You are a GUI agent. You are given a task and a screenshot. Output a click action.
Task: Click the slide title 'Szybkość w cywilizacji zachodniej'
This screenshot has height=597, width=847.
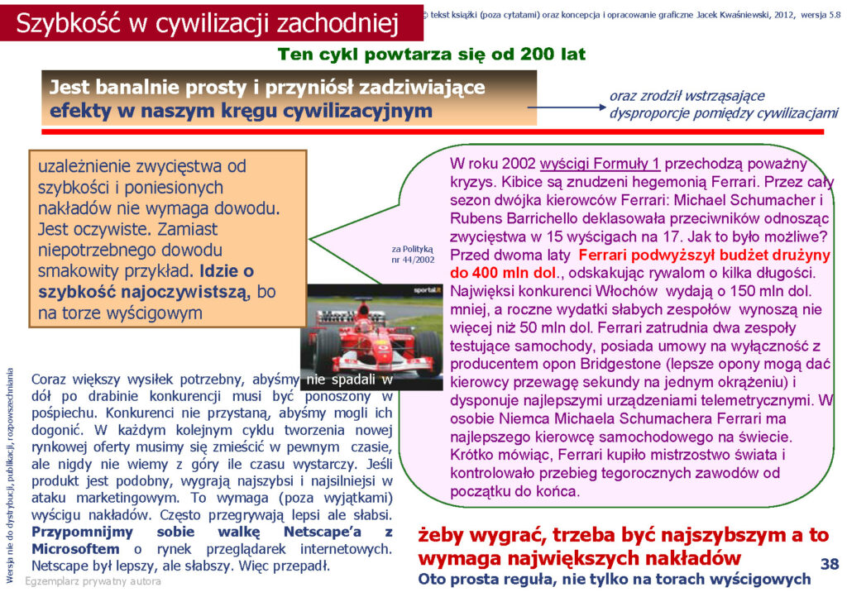point(208,24)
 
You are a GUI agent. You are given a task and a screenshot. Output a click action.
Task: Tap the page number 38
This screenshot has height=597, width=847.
point(829,564)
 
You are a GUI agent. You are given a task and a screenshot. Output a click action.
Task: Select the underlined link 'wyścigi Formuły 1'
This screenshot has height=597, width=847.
point(600,164)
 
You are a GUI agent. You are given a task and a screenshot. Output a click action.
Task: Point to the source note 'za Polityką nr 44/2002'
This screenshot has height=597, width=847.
point(413,254)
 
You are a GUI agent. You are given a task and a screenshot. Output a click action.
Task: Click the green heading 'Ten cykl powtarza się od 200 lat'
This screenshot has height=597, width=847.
point(432,55)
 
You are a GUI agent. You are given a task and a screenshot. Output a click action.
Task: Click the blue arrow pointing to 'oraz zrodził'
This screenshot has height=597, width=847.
point(567,107)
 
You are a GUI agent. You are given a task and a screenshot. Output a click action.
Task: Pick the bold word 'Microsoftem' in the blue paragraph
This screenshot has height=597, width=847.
point(75,549)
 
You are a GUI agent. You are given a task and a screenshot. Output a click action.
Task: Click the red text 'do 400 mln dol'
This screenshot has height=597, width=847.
point(502,273)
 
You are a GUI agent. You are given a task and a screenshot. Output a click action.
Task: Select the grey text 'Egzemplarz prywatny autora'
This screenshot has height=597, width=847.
point(93,581)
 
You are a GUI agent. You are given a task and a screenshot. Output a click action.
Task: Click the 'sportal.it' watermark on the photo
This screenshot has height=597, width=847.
point(428,290)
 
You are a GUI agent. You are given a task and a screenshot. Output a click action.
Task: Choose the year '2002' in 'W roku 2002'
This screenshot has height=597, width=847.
point(519,164)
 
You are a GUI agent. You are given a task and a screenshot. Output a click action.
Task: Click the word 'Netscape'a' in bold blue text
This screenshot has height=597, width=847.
point(323,532)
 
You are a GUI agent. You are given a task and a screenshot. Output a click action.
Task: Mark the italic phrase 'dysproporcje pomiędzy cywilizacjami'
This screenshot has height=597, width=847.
point(724,113)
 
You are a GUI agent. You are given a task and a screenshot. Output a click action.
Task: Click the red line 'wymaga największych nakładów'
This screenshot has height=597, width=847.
point(579,558)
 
